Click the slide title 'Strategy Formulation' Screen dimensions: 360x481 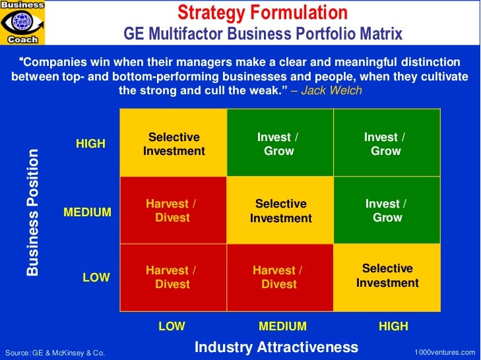pyautogui.click(x=263, y=12)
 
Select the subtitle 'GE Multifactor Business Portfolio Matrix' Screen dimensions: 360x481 pyautogui.click(x=263, y=33)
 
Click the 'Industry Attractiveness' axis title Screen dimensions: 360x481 pyautogui.click(x=276, y=347)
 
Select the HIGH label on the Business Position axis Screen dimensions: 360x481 pyautogui.click(x=90, y=144)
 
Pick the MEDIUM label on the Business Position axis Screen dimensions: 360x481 pyautogui.click(x=87, y=212)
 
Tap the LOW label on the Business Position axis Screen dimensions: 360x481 pyautogui.click(x=96, y=278)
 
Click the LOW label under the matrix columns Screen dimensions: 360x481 pyautogui.click(x=172, y=326)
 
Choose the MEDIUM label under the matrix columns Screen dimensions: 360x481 pyautogui.click(x=282, y=326)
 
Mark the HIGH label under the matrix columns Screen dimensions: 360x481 pyautogui.click(x=393, y=326)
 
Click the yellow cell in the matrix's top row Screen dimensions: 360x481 pyautogui.click(x=174, y=144)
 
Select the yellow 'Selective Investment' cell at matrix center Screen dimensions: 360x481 pyautogui.click(x=280, y=211)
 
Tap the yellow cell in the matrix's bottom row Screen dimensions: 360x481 pyautogui.click(x=387, y=277)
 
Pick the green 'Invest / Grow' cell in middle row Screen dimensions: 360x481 pyautogui.click(x=387, y=210)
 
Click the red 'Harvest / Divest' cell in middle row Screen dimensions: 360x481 pyautogui.click(x=173, y=211)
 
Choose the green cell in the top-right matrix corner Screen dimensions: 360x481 pyautogui.click(x=387, y=144)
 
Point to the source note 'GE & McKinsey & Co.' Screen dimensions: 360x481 pyautogui.click(x=54, y=353)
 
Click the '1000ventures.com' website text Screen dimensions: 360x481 pyautogui.click(x=444, y=353)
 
